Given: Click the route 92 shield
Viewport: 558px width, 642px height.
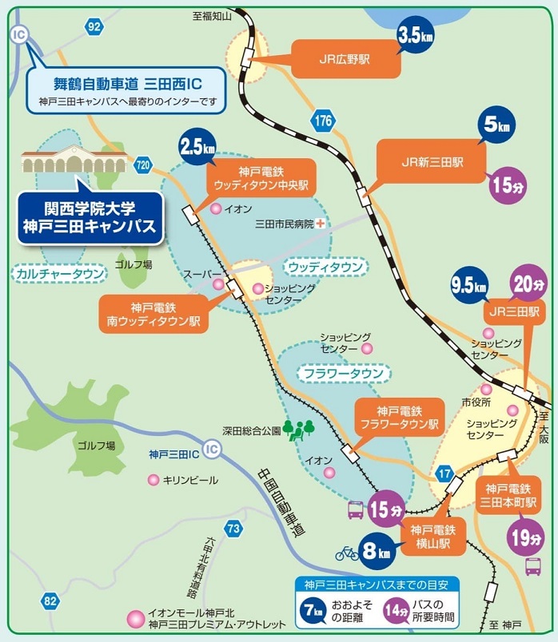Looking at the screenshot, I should [95, 26].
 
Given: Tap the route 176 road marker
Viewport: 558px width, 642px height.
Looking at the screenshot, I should [323, 121].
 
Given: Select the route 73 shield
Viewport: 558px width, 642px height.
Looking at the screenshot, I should [233, 528].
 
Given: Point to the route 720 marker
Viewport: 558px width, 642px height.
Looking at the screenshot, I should [143, 165].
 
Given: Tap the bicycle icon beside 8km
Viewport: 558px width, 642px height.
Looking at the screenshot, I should [347, 552].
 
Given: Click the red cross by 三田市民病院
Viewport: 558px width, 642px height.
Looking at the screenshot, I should [321, 224].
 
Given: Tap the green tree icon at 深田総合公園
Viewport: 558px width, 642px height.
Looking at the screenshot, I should [298, 430].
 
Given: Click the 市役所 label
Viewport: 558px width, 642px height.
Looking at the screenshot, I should [476, 402].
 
